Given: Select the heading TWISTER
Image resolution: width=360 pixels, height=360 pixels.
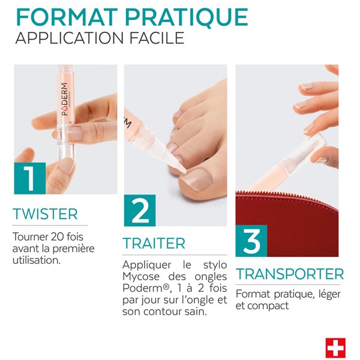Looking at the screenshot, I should [46, 214].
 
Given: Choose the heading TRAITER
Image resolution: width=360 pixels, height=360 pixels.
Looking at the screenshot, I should [154, 244].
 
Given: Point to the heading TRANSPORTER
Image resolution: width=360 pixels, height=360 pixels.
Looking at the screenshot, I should [289, 274].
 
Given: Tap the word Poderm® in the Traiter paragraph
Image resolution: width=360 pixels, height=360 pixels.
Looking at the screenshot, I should [142, 289].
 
